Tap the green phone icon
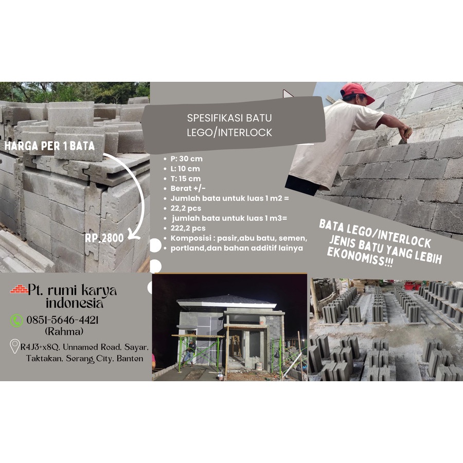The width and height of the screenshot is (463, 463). (16, 320)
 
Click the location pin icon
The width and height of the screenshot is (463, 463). (15, 347)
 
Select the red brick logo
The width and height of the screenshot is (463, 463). (19, 290)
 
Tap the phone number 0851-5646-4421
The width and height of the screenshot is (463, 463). (62, 320)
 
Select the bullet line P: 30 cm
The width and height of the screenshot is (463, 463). (186, 158)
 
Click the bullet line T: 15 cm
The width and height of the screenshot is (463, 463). (186, 179)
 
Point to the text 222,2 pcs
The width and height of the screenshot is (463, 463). (188, 228)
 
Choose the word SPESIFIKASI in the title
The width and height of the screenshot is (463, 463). (211, 118)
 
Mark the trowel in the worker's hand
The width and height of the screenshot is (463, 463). (404, 138)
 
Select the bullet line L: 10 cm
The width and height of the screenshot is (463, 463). (186, 169)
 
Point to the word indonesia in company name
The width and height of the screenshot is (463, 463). (75, 302)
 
